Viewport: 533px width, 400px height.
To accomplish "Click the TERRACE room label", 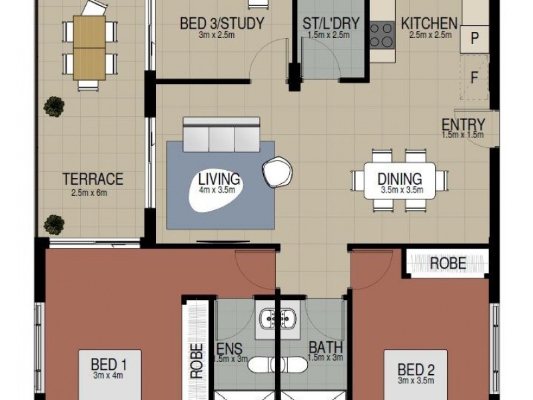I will click(93, 179).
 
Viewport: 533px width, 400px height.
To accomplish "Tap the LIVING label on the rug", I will click(219, 179).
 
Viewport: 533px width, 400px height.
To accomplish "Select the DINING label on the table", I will click(399, 179).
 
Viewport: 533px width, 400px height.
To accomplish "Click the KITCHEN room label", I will click(429, 24).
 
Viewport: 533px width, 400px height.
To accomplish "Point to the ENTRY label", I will click(462, 124).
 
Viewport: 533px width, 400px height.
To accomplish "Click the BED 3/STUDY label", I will click(222, 24).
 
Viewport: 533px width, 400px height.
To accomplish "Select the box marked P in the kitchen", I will click(474, 39).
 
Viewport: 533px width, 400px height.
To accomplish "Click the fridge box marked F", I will click(474, 78).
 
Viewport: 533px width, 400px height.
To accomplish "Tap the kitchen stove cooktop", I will click(382, 35).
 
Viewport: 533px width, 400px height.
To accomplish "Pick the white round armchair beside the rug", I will click(277, 173).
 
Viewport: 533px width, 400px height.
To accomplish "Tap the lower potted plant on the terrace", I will click(53, 224).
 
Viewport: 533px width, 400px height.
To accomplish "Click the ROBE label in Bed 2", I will click(447, 263).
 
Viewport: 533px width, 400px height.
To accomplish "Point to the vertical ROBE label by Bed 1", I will click(197, 361).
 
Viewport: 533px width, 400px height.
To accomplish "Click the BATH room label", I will click(325, 347).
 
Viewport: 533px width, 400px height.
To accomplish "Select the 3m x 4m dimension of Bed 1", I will click(108, 376).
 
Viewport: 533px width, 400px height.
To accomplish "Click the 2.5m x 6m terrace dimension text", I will click(89, 193).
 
